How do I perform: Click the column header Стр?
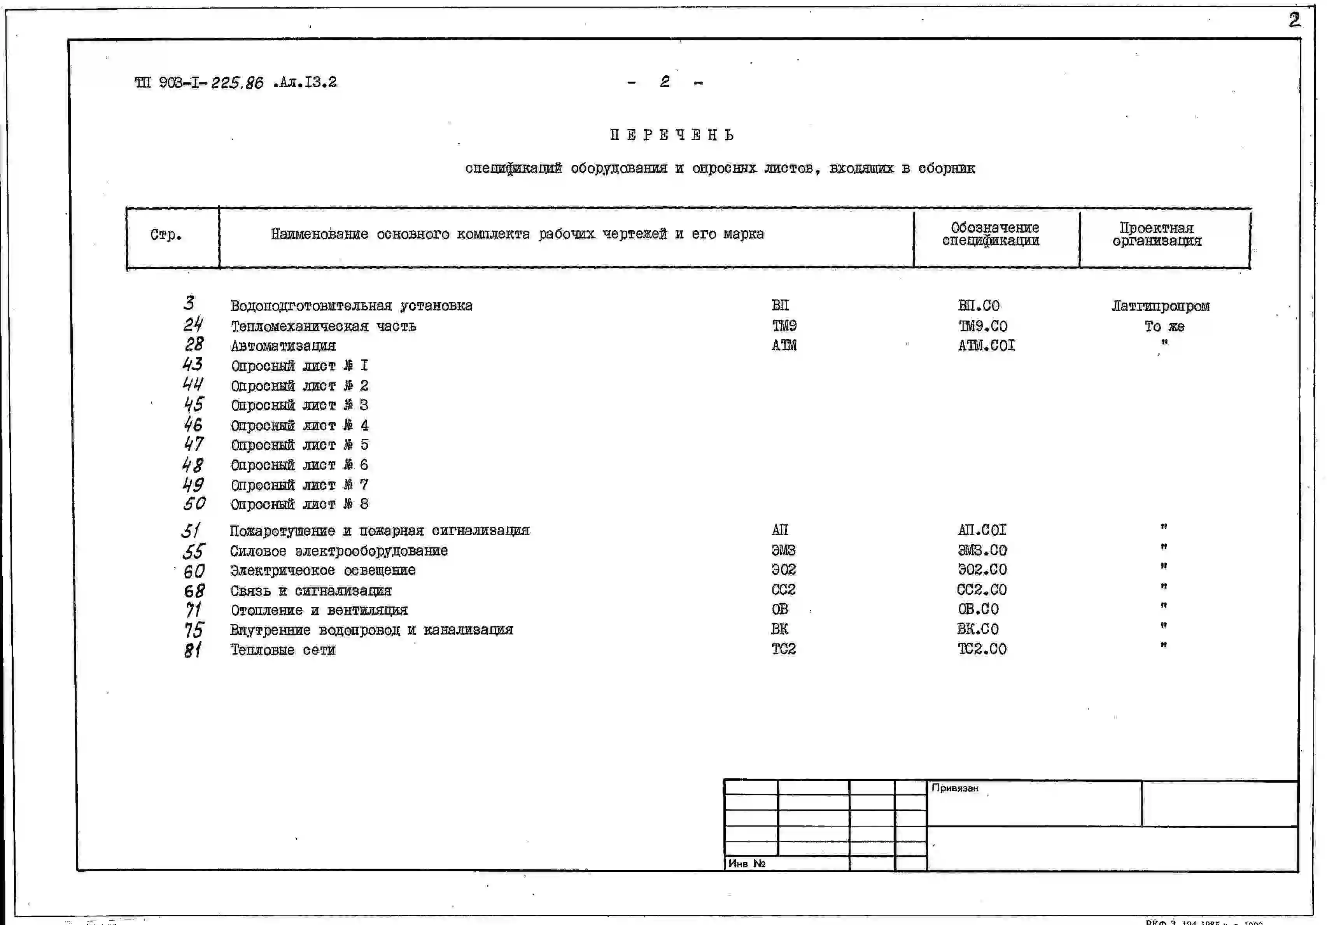(x=166, y=235)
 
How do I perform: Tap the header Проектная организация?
(x=1157, y=235)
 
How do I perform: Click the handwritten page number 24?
(x=193, y=324)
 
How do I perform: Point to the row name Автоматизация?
(x=283, y=346)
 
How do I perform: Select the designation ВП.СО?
(x=979, y=305)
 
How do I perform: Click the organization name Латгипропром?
(x=1160, y=306)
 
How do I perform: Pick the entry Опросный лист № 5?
(x=299, y=445)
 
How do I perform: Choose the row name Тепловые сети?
(x=283, y=650)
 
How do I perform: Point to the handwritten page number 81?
(x=193, y=650)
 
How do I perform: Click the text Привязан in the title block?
(x=955, y=788)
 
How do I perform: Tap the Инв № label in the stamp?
(x=747, y=864)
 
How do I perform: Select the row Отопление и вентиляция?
(x=319, y=610)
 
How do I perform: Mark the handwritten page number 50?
(x=194, y=504)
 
